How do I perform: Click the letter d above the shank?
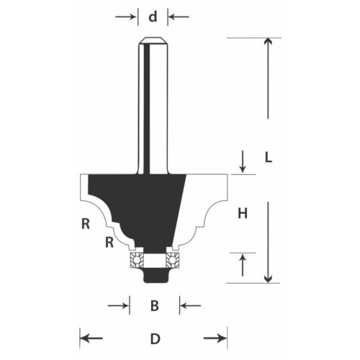point(152,16)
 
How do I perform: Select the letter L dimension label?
point(267,158)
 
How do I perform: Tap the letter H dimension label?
point(243,212)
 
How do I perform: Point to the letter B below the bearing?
point(153,306)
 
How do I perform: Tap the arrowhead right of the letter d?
point(170,16)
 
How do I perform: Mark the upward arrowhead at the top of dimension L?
point(268,42)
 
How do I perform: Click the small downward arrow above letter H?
point(243,168)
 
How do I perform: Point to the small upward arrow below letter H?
point(243,257)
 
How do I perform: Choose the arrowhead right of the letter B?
point(182,306)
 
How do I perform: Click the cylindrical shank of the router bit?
point(152,101)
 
